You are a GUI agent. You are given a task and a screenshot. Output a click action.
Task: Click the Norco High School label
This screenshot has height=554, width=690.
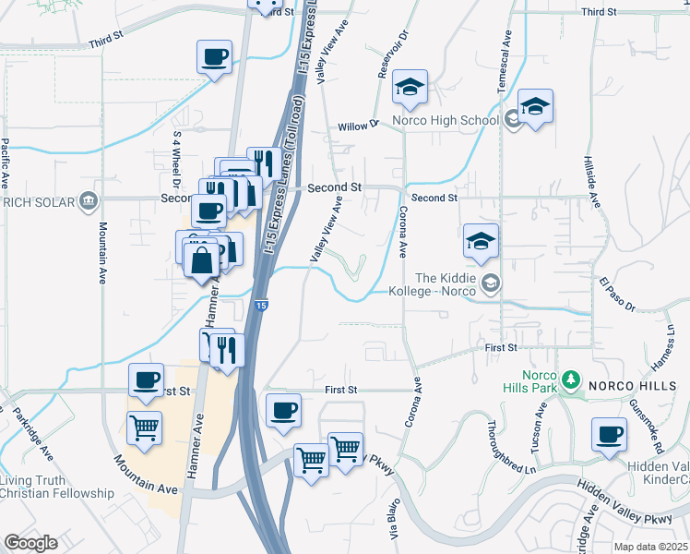click(x=445, y=120)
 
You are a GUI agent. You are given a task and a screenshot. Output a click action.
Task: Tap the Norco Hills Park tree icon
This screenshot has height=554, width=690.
click(x=571, y=379)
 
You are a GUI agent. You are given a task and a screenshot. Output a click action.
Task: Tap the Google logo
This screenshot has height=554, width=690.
click(x=30, y=543)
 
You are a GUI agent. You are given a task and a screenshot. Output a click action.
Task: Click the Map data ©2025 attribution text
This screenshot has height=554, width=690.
click(x=649, y=547)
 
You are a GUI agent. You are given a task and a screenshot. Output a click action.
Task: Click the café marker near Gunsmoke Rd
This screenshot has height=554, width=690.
click(x=608, y=435)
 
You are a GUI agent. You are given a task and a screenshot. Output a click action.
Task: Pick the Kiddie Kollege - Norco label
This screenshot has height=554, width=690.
click(x=446, y=284)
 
